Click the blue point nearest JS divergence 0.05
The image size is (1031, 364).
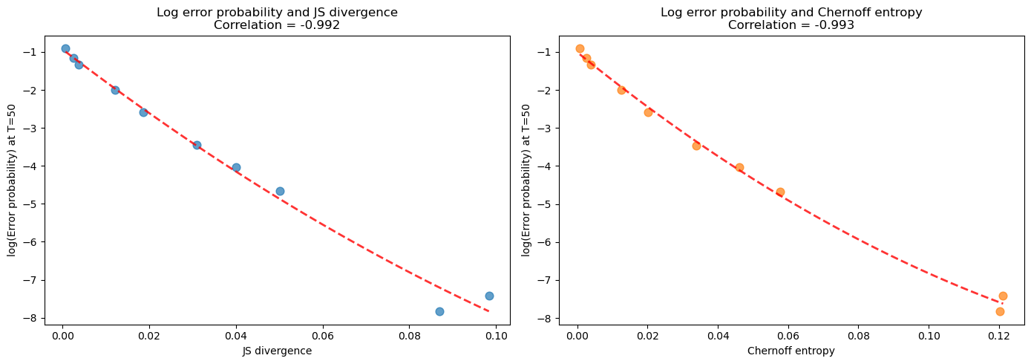click(x=280, y=191)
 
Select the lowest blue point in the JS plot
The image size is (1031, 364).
click(x=439, y=311)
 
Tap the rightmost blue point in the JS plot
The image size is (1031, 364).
click(x=489, y=296)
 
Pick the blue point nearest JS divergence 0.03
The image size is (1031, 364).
click(x=197, y=145)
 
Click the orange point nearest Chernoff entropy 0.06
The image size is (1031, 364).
click(x=780, y=192)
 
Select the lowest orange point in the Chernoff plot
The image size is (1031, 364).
click(x=1000, y=311)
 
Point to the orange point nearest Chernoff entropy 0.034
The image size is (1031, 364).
click(x=696, y=146)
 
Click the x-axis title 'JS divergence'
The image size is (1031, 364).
click(x=277, y=351)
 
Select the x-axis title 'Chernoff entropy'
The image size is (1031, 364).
click(x=791, y=351)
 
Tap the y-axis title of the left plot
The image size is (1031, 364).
click(x=12, y=181)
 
